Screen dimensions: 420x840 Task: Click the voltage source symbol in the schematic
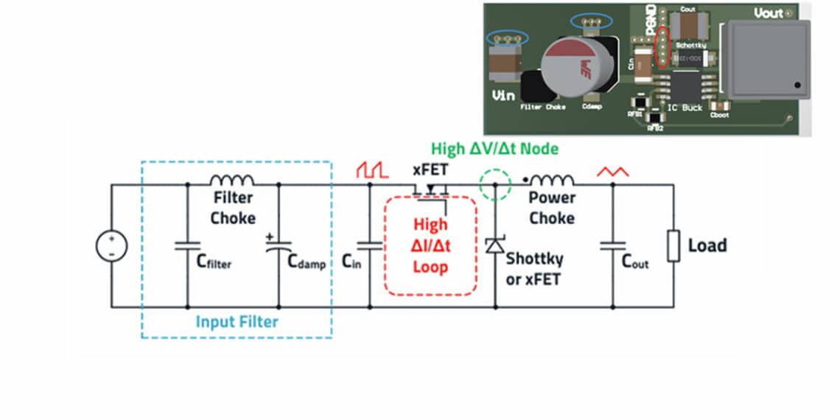click(x=112, y=245)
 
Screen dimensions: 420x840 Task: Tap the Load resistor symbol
click(x=673, y=246)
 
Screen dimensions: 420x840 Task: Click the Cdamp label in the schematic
click(x=306, y=262)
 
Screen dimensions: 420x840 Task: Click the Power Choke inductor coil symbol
click(x=551, y=180)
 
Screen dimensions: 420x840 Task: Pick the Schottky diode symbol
click(x=494, y=247)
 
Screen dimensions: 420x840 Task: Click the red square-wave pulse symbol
click(x=372, y=170)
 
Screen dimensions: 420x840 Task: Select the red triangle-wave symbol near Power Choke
click(x=612, y=172)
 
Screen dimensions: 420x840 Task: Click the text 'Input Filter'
click(x=237, y=321)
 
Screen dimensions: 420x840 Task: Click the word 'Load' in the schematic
click(x=707, y=245)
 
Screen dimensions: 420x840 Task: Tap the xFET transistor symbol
click(x=431, y=189)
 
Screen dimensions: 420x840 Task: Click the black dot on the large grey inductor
click(x=797, y=87)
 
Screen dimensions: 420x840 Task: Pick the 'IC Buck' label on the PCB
click(x=685, y=108)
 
